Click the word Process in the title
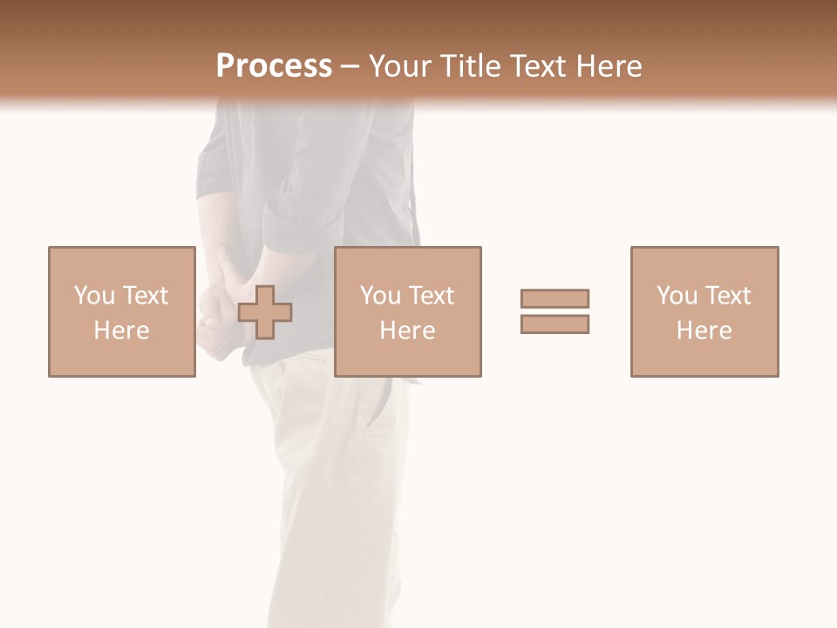274,66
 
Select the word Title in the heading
470,66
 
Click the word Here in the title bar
609,66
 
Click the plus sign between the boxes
265,312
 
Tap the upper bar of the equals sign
555,298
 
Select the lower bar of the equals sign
555,324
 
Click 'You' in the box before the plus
93,296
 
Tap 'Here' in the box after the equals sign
704,331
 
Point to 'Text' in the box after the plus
432,296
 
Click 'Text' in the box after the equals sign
728,296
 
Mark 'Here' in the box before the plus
122,331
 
